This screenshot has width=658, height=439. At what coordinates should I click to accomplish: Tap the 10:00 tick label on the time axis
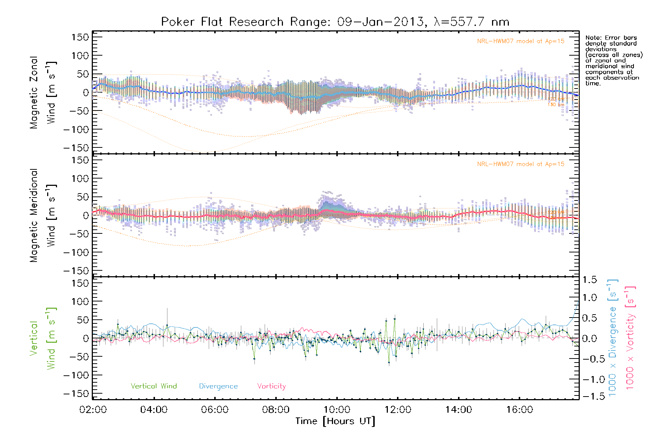pyautogui.click(x=337, y=410)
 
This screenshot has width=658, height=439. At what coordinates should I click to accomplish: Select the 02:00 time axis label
pyautogui.click(x=93, y=410)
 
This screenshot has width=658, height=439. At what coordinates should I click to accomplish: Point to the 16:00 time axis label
pyautogui.click(x=519, y=410)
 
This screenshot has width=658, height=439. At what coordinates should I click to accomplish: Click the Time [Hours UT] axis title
pyautogui.click(x=335, y=421)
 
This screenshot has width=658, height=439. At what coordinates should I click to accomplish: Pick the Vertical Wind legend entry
pyautogui.click(x=154, y=386)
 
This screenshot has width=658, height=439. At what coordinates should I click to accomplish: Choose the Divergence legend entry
pyautogui.click(x=218, y=386)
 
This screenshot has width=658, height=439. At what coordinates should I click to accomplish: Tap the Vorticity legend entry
pyautogui.click(x=271, y=386)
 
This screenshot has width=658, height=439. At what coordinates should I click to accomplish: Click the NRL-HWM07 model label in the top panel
pyautogui.click(x=521, y=41)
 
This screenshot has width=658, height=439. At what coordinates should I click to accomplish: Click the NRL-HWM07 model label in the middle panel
pyautogui.click(x=521, y=164)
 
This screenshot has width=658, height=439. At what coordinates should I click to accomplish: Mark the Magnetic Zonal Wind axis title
pyautogui.click(x=43, y=92)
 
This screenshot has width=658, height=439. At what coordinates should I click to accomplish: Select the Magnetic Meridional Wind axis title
pyautogui.click(x=43, y=215)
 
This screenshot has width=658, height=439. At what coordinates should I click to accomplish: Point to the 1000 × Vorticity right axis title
pyautogui.click(x=630, y=338)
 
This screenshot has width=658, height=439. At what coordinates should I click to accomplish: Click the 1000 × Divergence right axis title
pyautogui.click(x=613, y=338)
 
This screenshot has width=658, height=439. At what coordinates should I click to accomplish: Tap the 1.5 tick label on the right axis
pyautogui.click(x=590, y=280)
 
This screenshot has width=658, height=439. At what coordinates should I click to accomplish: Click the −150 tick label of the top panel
pyautogui.click(x=76, y=148)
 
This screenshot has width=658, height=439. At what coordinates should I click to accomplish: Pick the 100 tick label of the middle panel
pyautogui.click(x=80, y=179)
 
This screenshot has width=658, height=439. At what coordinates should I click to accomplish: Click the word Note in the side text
pyautogui.click(x=593, y=38)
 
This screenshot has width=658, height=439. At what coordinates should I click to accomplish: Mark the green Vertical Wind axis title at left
pyautogui.click(x=43, y=338)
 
